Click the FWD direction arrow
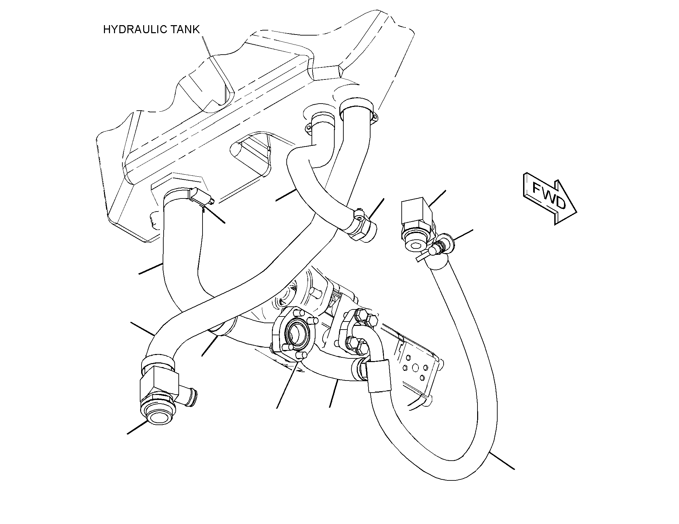pos(549,198)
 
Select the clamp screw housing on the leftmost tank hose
pos(201,197)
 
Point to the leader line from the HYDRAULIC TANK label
pos(207,45)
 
